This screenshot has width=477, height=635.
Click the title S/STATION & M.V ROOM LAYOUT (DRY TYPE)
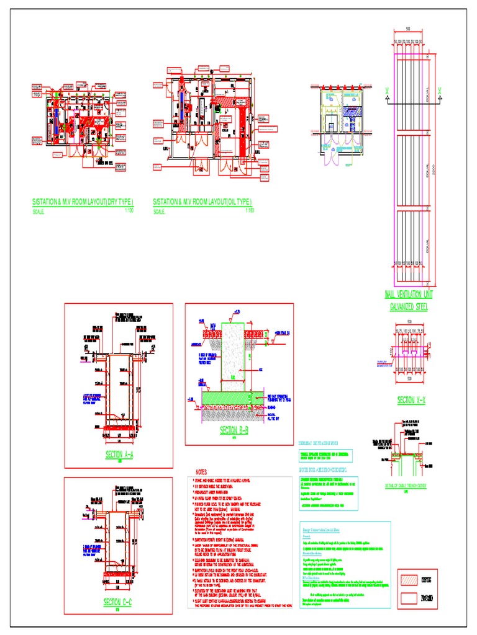82,202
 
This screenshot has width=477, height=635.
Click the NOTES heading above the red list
204,473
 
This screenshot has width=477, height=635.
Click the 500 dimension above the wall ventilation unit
408,29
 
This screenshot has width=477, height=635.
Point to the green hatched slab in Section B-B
236,397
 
